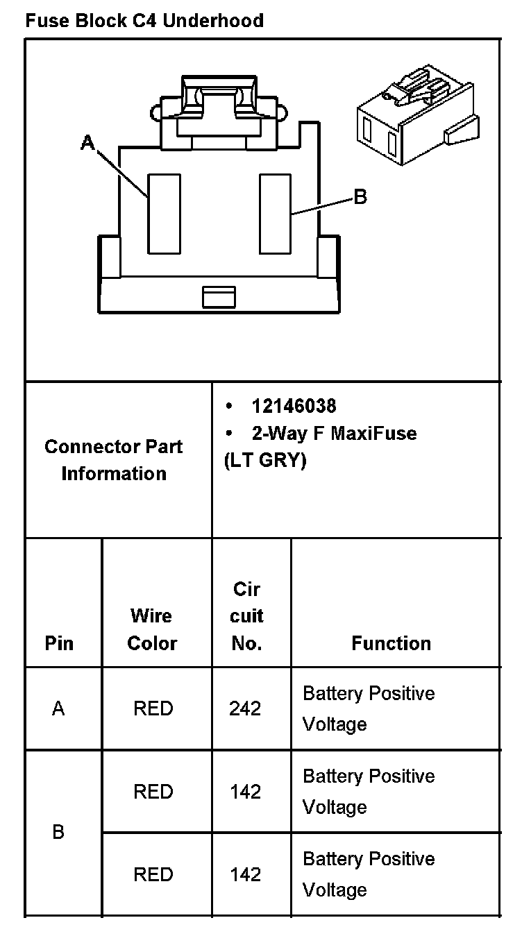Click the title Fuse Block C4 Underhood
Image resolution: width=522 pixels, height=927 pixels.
pos(144,21)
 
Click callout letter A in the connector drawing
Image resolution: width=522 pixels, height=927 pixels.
pos(87,143)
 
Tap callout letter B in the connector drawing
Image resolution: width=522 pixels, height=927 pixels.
pos(360,197)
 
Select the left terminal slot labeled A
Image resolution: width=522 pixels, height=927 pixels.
pos(164,213)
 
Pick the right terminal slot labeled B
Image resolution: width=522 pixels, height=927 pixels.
pos(275,213)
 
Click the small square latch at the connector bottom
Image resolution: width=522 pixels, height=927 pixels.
pos(219,296)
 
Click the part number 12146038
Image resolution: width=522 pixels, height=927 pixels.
pos(294,406)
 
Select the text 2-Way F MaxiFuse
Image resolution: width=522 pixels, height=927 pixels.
pos(334,434)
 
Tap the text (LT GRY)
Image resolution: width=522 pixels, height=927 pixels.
pos(264,461)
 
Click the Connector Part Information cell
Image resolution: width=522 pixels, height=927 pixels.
pos(113,459)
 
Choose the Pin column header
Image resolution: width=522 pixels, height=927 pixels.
pos(59,643)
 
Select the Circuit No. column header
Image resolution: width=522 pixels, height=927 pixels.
pos(246,616)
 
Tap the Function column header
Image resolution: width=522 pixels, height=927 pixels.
pos(391,643)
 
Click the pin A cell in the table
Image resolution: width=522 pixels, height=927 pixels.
pos(59,708)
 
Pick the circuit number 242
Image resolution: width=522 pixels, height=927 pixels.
pos(245,708)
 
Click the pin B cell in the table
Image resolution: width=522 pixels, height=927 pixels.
pos(59,832)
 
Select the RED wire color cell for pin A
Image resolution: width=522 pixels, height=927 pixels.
pos(153,708)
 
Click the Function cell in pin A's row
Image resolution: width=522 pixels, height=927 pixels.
pos(369,708)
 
